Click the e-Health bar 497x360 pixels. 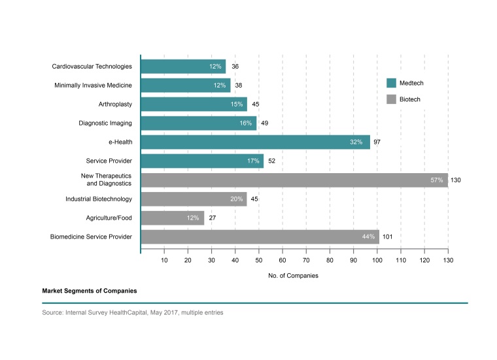[255, 142]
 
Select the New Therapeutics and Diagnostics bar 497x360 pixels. [294, 180]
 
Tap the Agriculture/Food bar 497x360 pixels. [173, 218]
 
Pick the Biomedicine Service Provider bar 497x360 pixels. [260, 237]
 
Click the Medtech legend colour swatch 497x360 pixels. [392, 83]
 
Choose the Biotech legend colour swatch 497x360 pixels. [392, 99]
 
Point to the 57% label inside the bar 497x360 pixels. [436, 180]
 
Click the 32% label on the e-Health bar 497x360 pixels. [356, 142]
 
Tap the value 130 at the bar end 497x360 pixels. [456, 180]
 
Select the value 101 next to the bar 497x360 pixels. [388, 237]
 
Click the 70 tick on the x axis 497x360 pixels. [306, 260]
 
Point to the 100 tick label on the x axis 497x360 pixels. [377, 260]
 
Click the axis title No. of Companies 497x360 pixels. [293, 276]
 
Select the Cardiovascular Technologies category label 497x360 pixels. [92, 66]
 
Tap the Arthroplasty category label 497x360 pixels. [114, 104]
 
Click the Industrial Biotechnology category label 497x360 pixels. [99, 199]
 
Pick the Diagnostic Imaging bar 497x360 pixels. [198, 123]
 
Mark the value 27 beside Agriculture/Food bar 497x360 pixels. [212, 218]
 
